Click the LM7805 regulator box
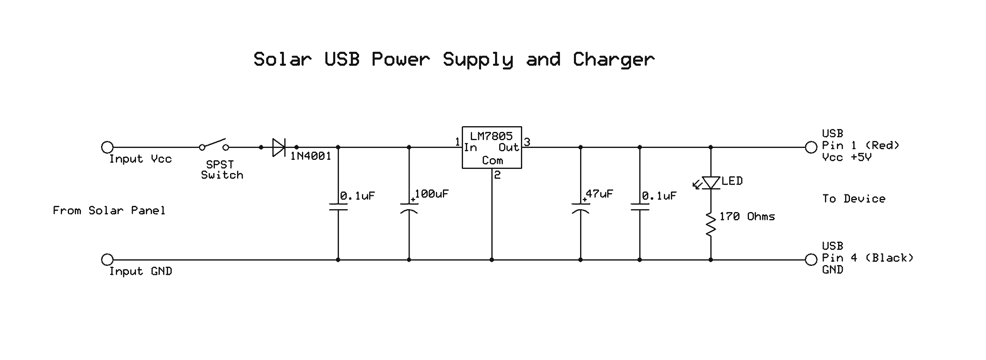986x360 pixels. pyautogui.click(x=492, y=148)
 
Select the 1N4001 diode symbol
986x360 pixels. pyautogui.click(x=279, y=147)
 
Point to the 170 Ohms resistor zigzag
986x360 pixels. pyautogui.click(x=711, y=224)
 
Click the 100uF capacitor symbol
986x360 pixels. pyautogui.click(x=409, y=208)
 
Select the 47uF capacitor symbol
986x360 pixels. pyautogui.click(x=580, y=208)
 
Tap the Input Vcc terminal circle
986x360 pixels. pyautogui.click(x=107, y=147)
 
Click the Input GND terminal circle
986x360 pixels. pyautogui.click(x=107, y=260)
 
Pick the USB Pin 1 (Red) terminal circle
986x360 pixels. pyautogui.click(x=811, y=147)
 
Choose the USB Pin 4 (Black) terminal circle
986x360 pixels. pyautogui.click(x=811, y=260)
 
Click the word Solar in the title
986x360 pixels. pyautogui.click(x=283, y=60)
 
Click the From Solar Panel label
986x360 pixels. pyautogui.click(x=109, y=210)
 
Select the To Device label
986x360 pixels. pyautogui.click(x=854, y=199)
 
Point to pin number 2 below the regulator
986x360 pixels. pyautogui.click(x=498, y=175)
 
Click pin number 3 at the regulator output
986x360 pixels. pyautogui.click(x=527, y=142)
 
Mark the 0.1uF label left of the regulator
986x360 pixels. pyautogui.click(x=357, y=196)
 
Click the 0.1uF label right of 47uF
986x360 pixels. pyautogui.click(x=659, y=196)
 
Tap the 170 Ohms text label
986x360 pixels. pyautogui.click(x=747, y=217)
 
